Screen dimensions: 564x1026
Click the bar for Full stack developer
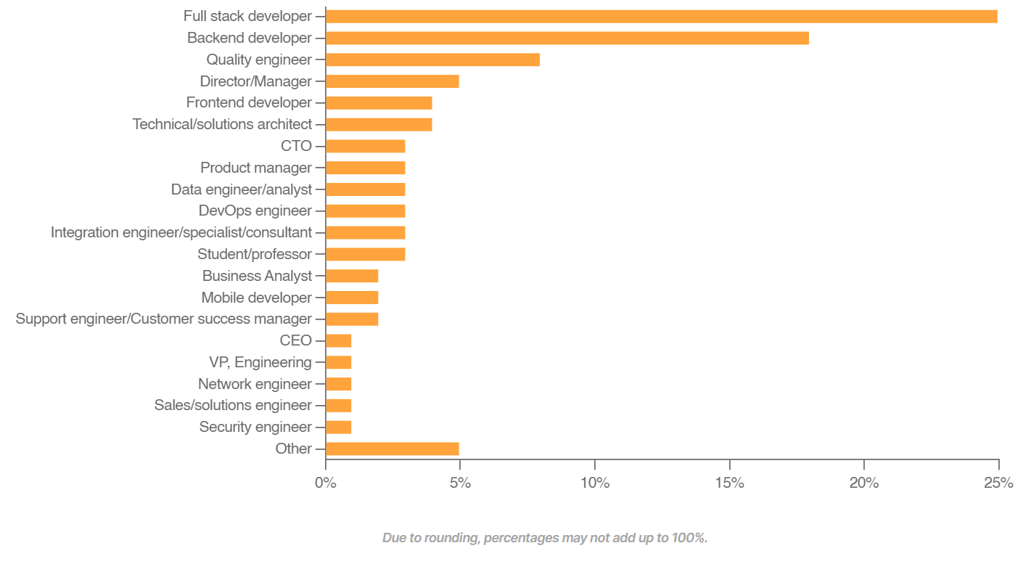tap(661, 17)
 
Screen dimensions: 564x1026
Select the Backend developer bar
tap(567, 38)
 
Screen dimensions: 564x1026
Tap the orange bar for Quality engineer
tap(432, 60)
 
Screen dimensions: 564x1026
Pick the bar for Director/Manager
tap(392, 81)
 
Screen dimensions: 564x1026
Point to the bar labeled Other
tap(392, 449)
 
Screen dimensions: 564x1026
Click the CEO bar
tap(338, 340)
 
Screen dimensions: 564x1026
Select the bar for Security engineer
tap(338, 427)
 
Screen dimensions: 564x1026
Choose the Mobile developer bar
tap(352, 298)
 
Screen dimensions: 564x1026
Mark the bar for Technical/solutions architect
tap(379, 125)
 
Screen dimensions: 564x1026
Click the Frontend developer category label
tap(249, 103)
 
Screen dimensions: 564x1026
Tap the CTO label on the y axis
tap(296, 146)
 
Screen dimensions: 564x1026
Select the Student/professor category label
tap(255, 254)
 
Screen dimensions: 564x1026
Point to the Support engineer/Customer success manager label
tap(163, 319)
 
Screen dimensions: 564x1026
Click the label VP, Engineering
tap(260, 362)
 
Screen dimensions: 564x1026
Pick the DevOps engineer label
tap(255, 211)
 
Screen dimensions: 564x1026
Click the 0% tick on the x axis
tap(326, 483)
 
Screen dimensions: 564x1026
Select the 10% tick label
tap(594, 483)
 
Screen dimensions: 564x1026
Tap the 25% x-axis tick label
tap(998, 483)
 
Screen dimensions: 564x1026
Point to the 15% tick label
tap(729, 483)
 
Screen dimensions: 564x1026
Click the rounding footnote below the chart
tap(544, 538)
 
